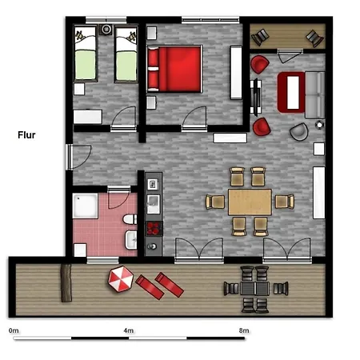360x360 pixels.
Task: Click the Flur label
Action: pyautogui.click(x=26, y=135)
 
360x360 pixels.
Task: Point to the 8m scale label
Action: pyautogui.click(x=244, y=330)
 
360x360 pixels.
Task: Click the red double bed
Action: pyautogui.click(x=174, y=69)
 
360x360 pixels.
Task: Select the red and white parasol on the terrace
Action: pyautogui.click(x=121, y=279)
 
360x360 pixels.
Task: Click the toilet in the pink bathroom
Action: pyautogui.click(x=130, y=219)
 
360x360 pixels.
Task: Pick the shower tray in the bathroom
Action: pyautogui.click(x=85, y=206)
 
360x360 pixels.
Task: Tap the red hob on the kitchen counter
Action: pyautogui.click(x=154, y=229)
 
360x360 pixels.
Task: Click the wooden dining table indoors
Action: pyautogui.click(x=250, y=202)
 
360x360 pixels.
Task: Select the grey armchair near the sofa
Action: pyautogui.click(x=299, y=132)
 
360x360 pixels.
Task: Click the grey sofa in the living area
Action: pyautogui.click(x=315, y=94)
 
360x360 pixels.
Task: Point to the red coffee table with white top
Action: pyautogui.click(x=291, y=92)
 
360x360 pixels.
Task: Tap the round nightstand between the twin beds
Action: pyautogui.click(x=106, y=30)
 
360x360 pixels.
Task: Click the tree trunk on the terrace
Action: pyautogui.click(x=66, y=282)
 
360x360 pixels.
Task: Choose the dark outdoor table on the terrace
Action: pyautogui.click(x=255, y=289)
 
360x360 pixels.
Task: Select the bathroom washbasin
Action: pyautogui.click(x=131, y=240)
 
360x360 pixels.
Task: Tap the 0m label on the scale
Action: pyautogui.click(x=14, y=330)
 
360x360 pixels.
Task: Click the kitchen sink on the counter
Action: pyautogui.click(x=154, y=204)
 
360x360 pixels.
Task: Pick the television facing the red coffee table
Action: pyautogui.click(x=256, y=97)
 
